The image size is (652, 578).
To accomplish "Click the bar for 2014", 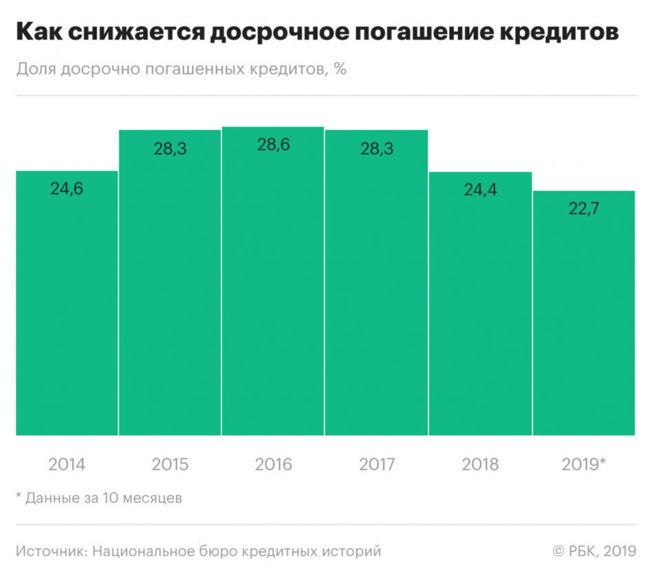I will (x=67, y=303).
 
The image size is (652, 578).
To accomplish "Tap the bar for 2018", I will (x=480, y=303).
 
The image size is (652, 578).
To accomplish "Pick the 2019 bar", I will (x=584, y=313).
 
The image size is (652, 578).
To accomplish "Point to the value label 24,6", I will (x=67, y=188).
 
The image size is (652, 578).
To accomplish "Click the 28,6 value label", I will (x=273, y=146).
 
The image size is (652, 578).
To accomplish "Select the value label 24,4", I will (x=480, y=190).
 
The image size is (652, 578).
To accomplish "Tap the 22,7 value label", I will (x=584, y=209).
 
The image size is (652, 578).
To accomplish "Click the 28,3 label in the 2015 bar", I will (x=170, y=148).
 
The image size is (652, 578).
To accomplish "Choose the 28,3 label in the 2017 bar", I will (x=377, y=148).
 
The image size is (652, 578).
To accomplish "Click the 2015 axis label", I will (x=170, y=464).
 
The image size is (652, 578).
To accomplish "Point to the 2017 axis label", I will (x=377, y=464).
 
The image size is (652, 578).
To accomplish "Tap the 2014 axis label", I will (x=67, y=464).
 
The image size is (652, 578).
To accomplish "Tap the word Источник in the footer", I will (x=50, y=551).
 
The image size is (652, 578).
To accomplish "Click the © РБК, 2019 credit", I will (x=595, y=551).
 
